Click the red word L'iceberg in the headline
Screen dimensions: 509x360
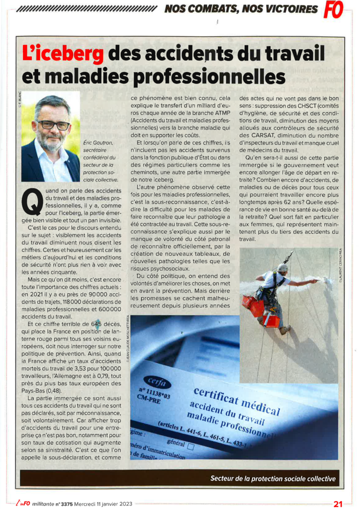coord(63,53)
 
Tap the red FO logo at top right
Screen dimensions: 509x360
coord(333,10)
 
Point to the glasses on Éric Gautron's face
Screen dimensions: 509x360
coord(53,124)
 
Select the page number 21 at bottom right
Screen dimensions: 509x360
coord(338,503)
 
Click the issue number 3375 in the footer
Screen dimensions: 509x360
coord(66,503)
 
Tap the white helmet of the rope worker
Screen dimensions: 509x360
coord(282,267)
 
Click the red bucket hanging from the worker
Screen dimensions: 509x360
coord(271,321)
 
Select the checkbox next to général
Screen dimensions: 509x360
coord(190,446)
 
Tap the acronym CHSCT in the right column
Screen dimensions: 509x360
coord(313,107)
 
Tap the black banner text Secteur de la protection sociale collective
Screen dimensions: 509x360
coord(273,479)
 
